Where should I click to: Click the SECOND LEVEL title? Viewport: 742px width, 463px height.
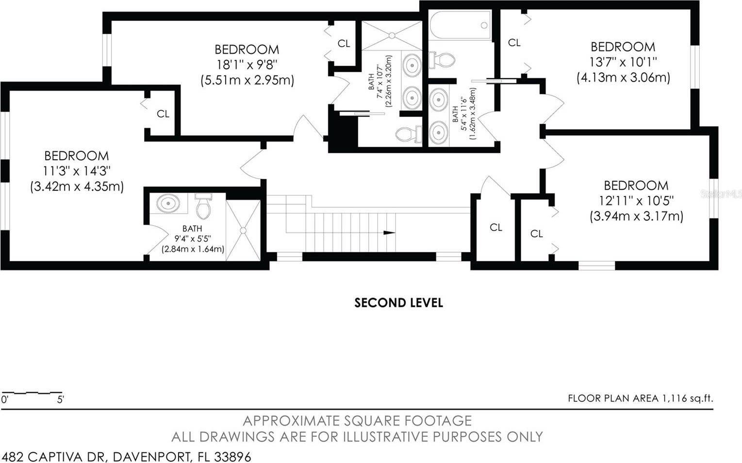click(398, 303)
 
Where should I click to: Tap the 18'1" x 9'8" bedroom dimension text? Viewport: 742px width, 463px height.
click(247, 65)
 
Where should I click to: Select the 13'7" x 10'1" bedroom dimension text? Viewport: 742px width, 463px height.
click(623, 62)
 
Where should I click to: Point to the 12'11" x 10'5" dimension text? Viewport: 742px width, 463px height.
click(636, 200)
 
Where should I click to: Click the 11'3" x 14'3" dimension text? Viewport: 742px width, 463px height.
click(77, 171)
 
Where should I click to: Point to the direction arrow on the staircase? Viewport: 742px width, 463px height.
click(389, 233)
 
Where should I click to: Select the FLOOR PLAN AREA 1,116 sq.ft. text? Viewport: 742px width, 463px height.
click(640, 398)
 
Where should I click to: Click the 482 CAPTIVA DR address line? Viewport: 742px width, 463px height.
click(126, 457)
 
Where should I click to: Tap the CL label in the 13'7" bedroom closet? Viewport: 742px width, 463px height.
click(514, 43)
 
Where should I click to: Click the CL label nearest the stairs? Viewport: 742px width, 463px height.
click(495, 227)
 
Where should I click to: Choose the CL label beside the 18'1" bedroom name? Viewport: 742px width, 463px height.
click(344, 44)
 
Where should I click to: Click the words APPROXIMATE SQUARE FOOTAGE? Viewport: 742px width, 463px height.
click(357, 420)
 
